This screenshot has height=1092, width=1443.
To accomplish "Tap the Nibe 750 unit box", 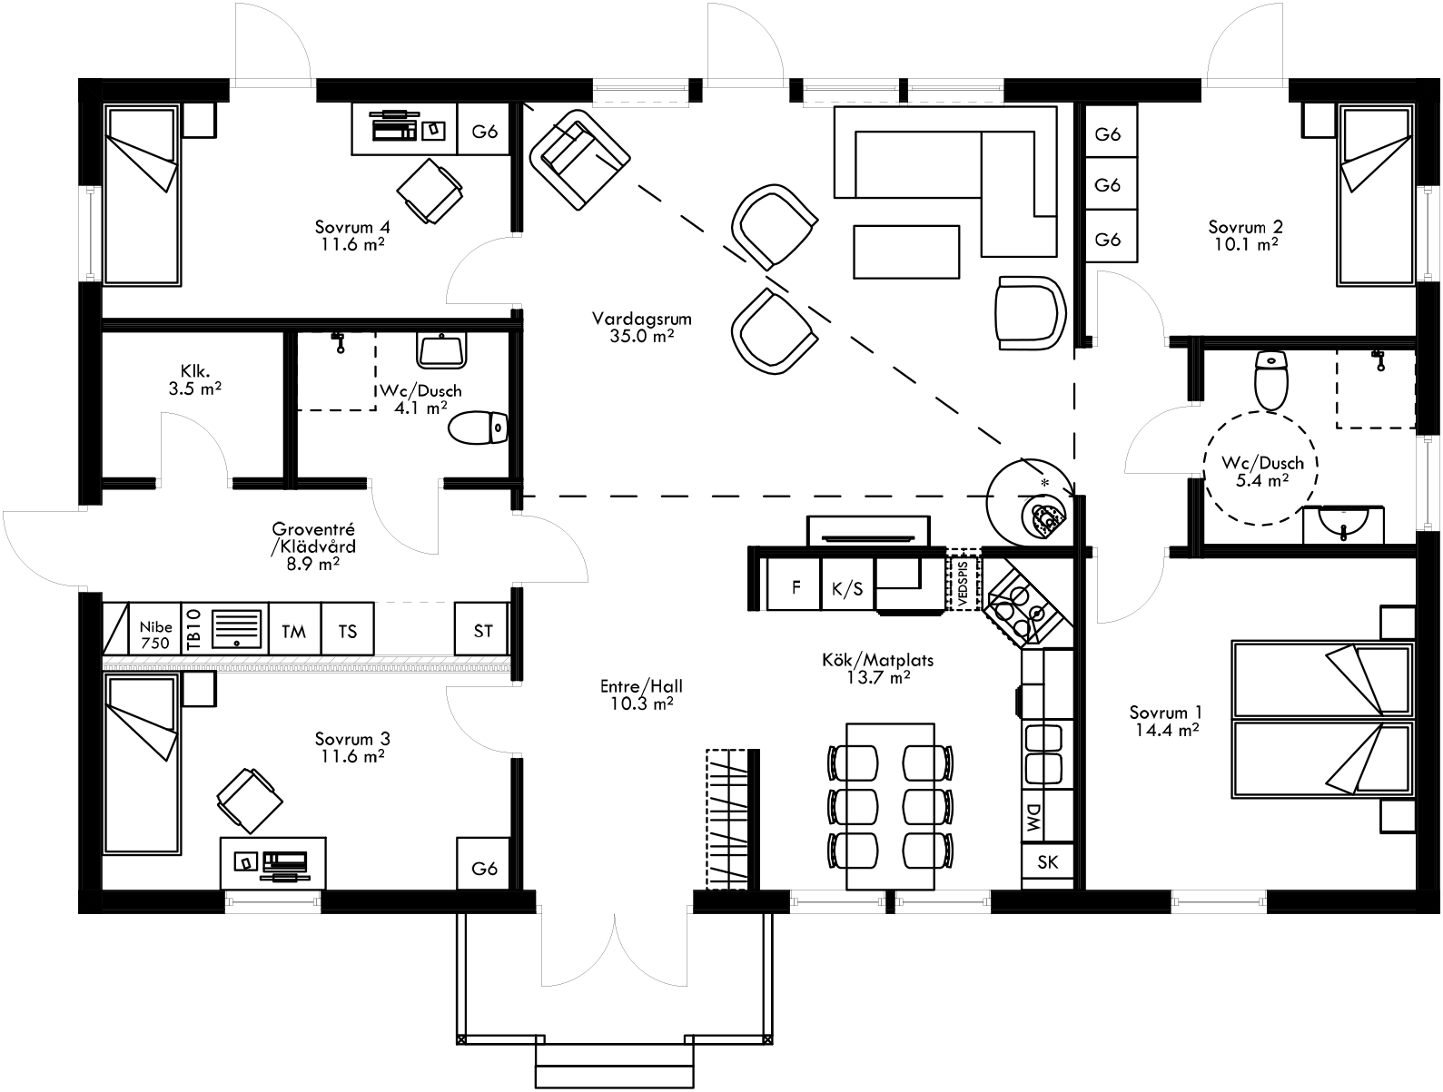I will [x=155, y=628].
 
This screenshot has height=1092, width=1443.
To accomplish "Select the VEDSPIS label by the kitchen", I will [x=964, y=581].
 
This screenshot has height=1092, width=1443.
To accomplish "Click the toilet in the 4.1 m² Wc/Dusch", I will [x=479, y=428].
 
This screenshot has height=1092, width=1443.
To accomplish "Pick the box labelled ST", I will [x=482, y=629].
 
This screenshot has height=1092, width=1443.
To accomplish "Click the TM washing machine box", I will [x=294, y=629].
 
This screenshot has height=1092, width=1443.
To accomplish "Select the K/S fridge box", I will [x=846, y=587].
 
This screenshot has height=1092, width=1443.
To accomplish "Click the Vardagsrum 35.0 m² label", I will [x=642, y=327].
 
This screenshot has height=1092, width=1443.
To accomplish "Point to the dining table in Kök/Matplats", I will [x=890, y=805].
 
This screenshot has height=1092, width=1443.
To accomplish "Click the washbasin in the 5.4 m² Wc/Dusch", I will [x=1342, y=525].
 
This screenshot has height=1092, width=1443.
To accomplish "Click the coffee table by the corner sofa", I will [x=905, y=251].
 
